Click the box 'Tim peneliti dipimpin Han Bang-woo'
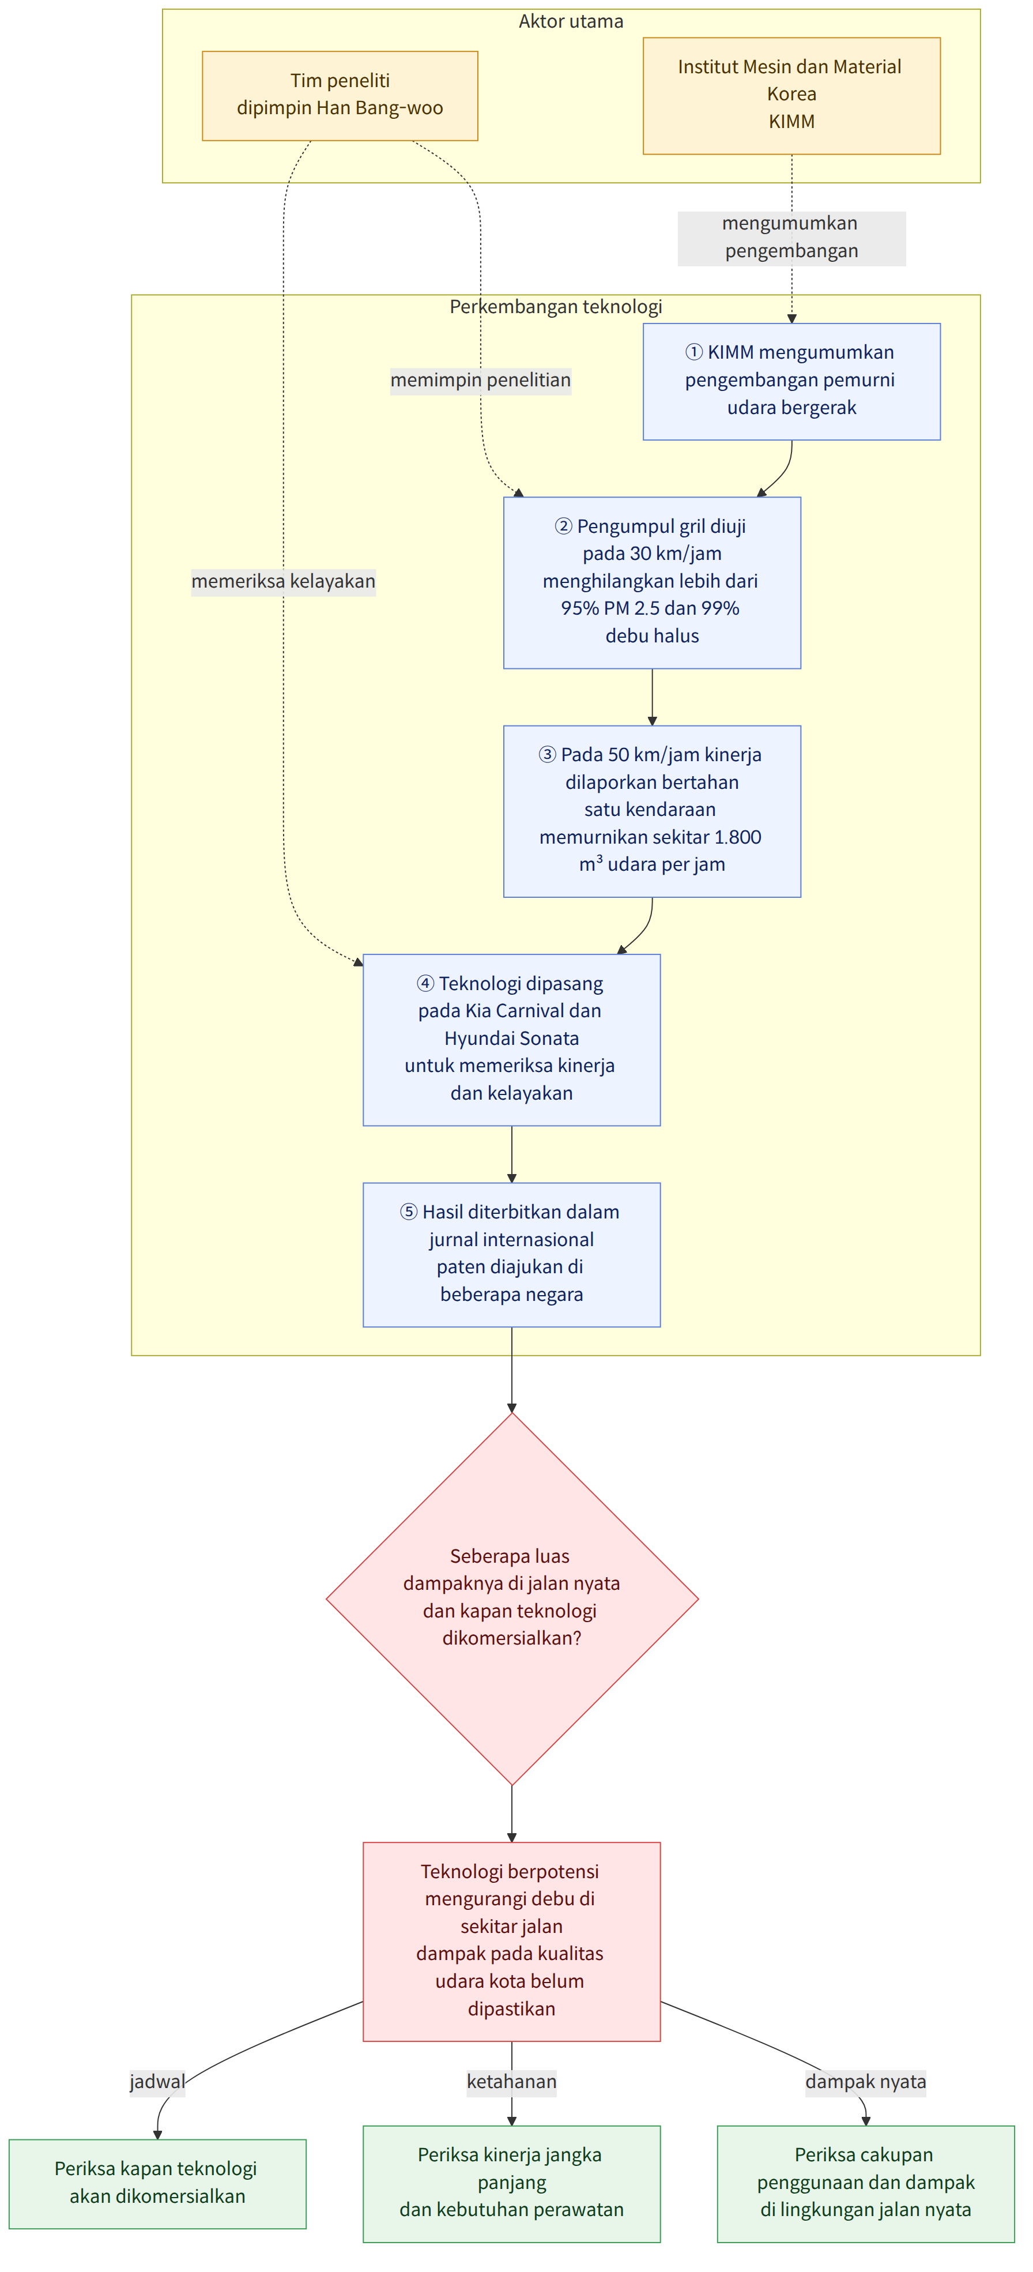coord(340,95)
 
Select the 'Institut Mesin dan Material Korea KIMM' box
coord(791,95)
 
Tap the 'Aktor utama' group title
coord(571,21)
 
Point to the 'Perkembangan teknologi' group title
coord(556,306)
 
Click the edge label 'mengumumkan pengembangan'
coord(791,237)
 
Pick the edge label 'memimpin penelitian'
coord(480,380)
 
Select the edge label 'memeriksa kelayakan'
coord(283,581)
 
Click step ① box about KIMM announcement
coord(791,381)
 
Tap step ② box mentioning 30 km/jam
coord(652,582)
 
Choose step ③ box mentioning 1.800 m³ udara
coord(652,811)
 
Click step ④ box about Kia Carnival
coord(511,1039)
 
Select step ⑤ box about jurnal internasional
coord(511,1254)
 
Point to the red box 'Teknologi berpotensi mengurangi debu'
coord(511,1941)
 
